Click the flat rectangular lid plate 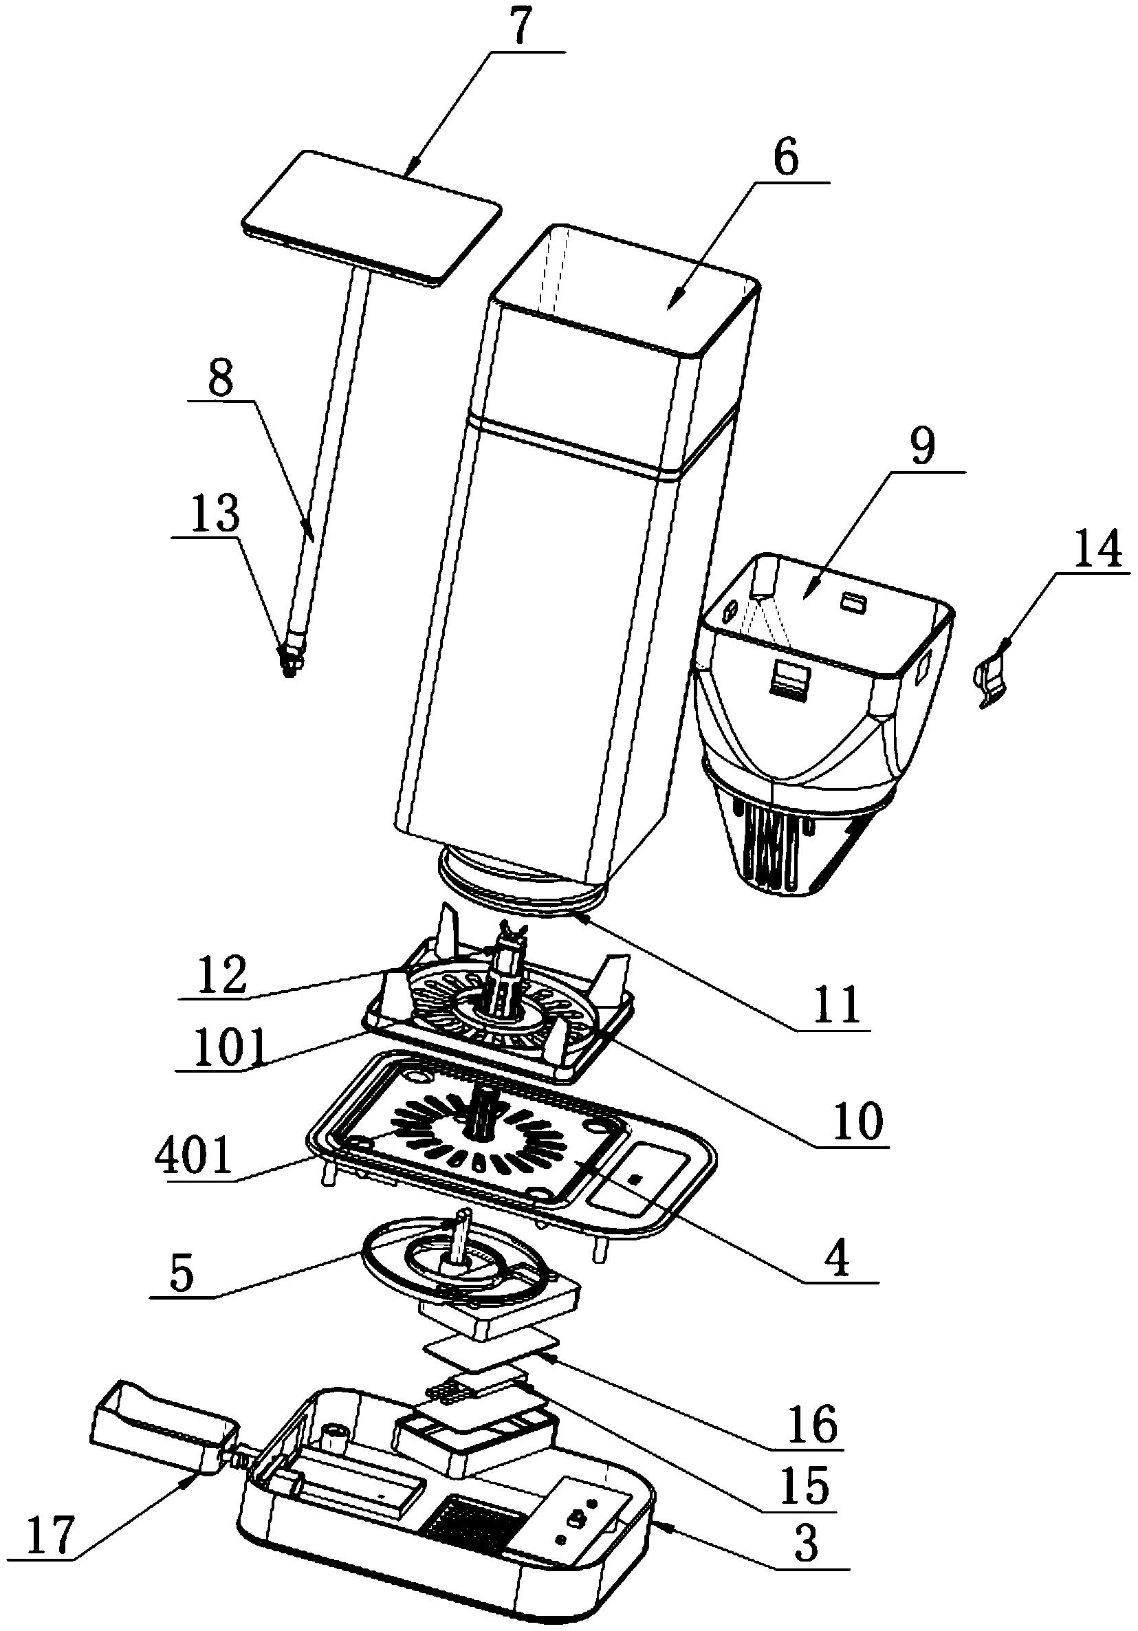pyautogui.click(x=372, y=217)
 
